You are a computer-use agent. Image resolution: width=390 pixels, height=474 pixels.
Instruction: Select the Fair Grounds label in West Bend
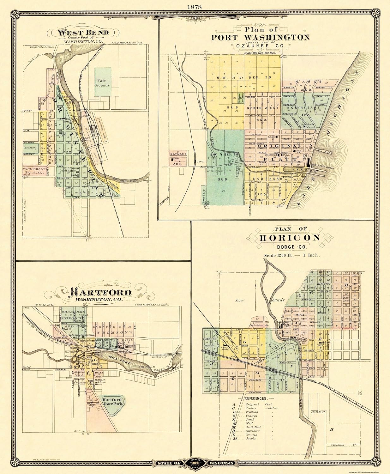[x=102, y=83]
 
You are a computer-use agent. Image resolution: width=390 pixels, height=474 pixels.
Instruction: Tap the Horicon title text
[x=290, y=238]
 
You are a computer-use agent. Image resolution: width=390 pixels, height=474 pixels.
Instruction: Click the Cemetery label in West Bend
[x=30, y=148]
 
